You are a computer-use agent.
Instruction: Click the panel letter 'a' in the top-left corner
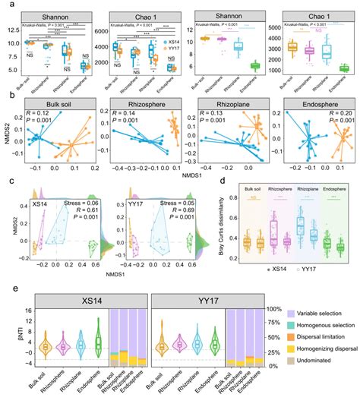pos(5,5)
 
